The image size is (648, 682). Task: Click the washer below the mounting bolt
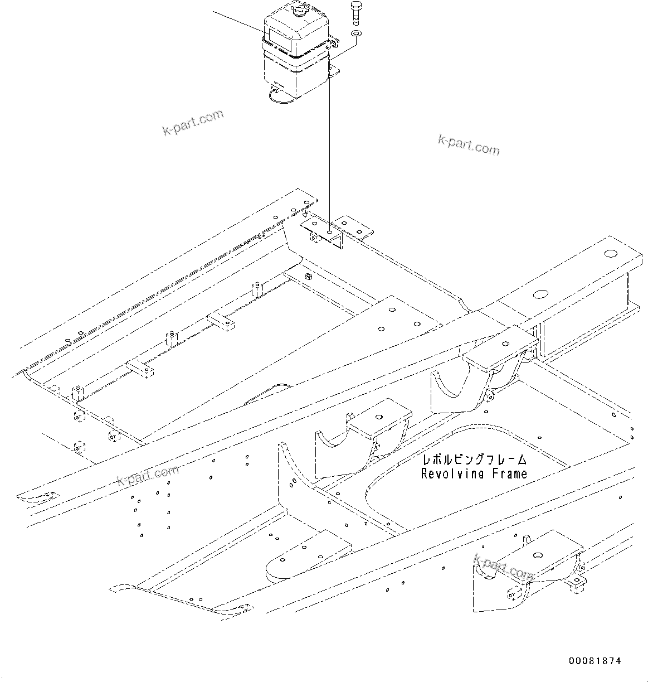[x=355, y=35]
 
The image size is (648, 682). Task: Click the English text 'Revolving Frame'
[x=474, y=474]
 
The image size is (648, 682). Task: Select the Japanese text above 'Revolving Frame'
[x=474, y=460]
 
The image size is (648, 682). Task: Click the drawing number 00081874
[x=595, y=661]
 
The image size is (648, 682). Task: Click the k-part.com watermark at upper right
[x=469, y=144]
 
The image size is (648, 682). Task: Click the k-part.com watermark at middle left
[x=148, y=475]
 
